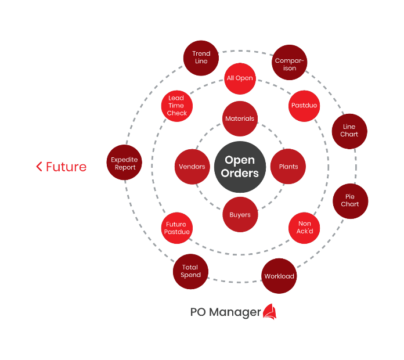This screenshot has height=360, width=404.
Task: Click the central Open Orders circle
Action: click(240, 167)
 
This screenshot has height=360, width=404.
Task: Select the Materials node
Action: click(240, 119)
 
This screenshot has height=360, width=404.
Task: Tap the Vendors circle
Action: click(192, 167)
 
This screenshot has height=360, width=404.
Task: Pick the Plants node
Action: click(288, 167)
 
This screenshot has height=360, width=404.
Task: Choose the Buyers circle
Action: click(240, 215)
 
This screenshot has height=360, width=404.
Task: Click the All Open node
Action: click(240, 78)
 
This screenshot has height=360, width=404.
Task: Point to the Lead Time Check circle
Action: click(177, 106)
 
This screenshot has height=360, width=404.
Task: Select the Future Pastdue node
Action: click(176, 228)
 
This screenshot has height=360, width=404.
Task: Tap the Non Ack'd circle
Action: click(304, 228)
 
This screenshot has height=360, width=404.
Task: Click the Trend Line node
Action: click(201, 57)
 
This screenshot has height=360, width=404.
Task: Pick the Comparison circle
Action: click(290, 63)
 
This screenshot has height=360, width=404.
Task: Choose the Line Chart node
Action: click(349, 131)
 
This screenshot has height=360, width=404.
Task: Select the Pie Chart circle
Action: click(350, 201)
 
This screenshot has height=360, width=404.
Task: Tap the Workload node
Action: click(279, 276)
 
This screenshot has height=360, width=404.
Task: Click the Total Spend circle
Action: click(190, 272)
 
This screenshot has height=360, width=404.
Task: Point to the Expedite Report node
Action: click(124, 163)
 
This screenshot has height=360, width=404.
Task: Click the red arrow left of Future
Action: click(39, 167)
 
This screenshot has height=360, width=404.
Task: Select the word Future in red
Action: click(66, 167)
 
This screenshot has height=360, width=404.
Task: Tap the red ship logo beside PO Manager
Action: click(270, 312)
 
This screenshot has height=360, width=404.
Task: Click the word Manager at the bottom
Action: click(235, 312)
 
